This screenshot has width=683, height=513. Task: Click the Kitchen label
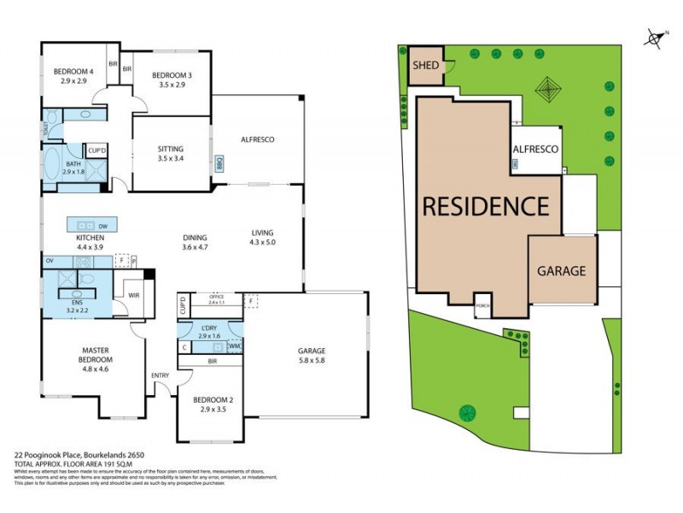(x=90, y=237)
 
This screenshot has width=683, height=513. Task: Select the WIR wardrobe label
(x=133, y=295)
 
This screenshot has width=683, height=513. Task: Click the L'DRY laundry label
(x=209, y=329)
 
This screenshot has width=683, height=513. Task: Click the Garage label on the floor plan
(x=312, y=351)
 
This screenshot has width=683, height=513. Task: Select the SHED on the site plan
(x=425, y=65)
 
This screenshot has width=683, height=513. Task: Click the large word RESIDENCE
(x=483, y=207)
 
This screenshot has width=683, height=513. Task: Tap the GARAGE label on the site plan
(x=561, y=271)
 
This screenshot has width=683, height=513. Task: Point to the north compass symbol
(x=655, y=38)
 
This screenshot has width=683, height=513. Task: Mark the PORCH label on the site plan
(x=483, y=305)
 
